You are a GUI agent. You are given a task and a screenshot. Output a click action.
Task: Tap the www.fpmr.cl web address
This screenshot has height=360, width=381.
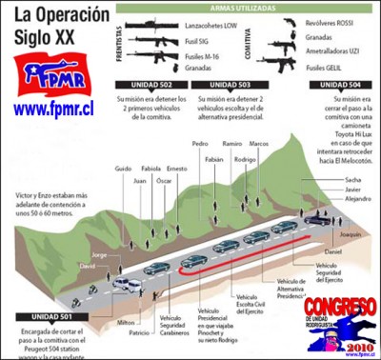[58, 109]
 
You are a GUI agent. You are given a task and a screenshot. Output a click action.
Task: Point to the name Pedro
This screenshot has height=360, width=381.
[200, 143]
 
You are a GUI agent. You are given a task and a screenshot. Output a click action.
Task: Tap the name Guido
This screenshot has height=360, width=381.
[123, 168]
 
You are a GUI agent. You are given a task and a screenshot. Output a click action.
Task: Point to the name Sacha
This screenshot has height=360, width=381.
[353, 179]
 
